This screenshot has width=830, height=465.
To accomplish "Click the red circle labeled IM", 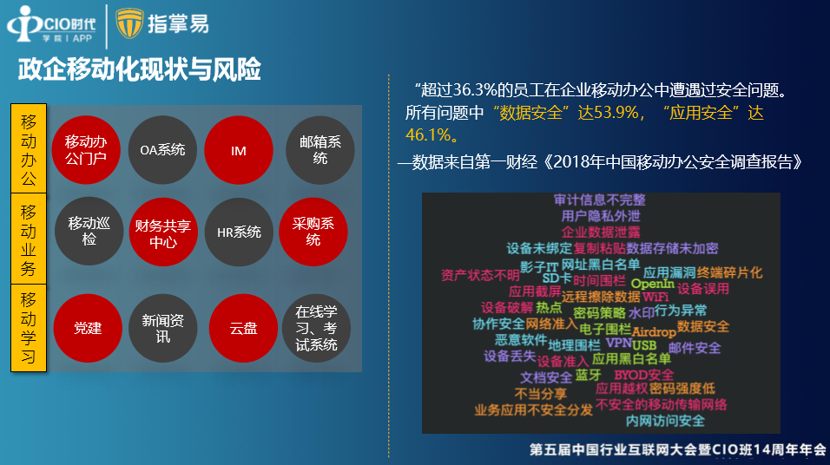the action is pyautogui.click(x=239, y=150).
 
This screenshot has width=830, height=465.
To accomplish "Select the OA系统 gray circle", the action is pyautogui.click(x=162, y=150).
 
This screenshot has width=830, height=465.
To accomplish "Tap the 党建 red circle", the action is pyautogui.click(x=88, y=328).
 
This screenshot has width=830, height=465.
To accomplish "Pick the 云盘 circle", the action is pyautogui.click(x=243, y=328).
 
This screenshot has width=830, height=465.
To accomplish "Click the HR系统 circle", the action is pyautogui.click(x=239, y=232).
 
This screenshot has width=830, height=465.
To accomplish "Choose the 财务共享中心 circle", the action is pyautogui.click(x=163, y=232).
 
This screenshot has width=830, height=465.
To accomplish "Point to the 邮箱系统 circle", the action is pyautogui.click(x=319, y=150).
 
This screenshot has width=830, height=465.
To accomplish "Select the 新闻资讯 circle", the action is pyautogui.click(x=163, y=328).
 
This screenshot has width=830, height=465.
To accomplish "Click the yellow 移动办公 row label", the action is pyautogui.click(x=29, y=148).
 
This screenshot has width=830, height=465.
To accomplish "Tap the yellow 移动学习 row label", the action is pyautogui.click(x=29, y=328).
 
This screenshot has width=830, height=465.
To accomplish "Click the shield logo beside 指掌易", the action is pyautogui.click(x=129, y=23).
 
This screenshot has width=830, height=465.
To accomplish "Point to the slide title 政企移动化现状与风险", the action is pyautogui.click(x=139, y=69).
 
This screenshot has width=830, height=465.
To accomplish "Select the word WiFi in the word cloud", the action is pyautogui.click(x=655, y=297).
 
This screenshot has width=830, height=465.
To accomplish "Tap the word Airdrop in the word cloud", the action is pyautogui.click(x=654, y=331).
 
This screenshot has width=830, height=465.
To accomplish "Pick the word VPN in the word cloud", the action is pyautogui.click(x=618, y=343).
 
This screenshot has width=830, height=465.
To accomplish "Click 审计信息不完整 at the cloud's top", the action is pyautogui.click(x=600, y=200).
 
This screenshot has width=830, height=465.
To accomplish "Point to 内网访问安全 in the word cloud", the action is pyautogui.click(x=665, y=421).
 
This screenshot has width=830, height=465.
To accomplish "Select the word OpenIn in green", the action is pyautogui.click(x=652, y=284).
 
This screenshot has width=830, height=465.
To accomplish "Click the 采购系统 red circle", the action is pyautogui.click(x=313, y=232).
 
